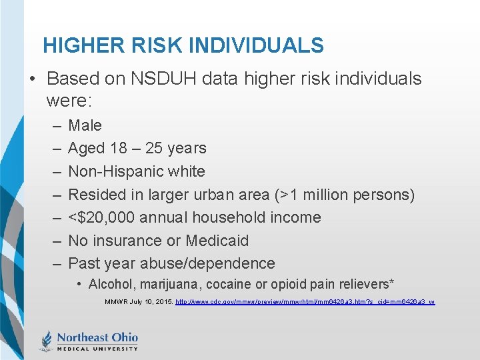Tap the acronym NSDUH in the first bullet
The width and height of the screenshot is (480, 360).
(x=159, y=79)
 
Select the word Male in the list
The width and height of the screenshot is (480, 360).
(x=85, y=125)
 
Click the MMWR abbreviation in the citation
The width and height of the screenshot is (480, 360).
(x=117, y=302)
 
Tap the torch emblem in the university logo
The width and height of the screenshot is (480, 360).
(x=46, y=341)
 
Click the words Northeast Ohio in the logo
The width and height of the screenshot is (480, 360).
(x=97, y=337)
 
